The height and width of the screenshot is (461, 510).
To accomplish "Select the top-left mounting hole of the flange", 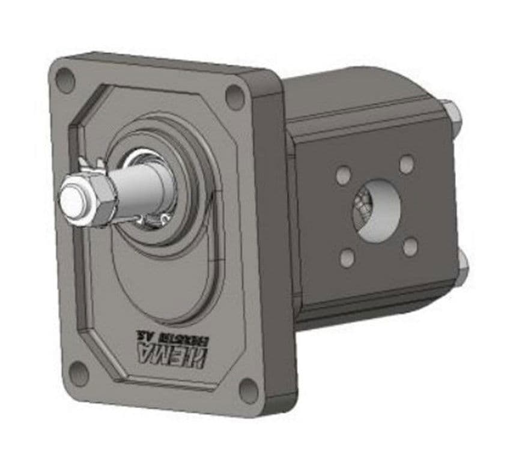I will click(x=65, y=79).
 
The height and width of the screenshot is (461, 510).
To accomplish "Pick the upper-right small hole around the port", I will click(x=407, y=164).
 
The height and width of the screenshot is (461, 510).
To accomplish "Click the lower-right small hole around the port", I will click(x=410, y=246).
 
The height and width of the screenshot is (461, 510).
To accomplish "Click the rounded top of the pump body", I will click(x=354, y=90).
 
